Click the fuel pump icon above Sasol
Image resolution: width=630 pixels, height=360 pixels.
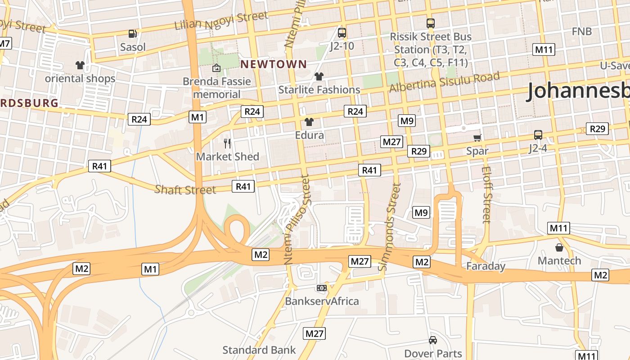(x=132, y=33)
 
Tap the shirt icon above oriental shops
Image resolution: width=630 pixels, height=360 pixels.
(x=81, y=65)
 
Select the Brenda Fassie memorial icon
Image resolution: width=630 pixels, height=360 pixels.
(x=216, y=68)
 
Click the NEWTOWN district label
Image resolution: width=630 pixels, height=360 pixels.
(x=273, y=64)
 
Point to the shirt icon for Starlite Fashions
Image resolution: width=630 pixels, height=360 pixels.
(x=319, y=76)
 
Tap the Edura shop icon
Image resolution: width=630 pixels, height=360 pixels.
(x=309, y=121)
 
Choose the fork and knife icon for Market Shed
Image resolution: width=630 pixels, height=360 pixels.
(x=227, y=144)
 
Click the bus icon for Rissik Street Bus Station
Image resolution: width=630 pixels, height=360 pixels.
(x=431, y=23)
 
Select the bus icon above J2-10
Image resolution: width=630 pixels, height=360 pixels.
(x=342, y=32)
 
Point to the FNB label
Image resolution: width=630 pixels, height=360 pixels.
(x=582, y=31)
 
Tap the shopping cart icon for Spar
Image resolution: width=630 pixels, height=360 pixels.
(x=477, y=138)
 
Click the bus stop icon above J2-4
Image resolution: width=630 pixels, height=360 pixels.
(x=538, y=135)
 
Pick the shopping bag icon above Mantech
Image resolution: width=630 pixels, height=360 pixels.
(x=559, y=247)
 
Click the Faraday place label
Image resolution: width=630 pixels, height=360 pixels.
(x=486, y=266)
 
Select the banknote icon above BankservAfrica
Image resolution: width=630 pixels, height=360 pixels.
(x=322, y=288)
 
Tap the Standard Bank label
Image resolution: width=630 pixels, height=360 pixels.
(x=259, y=350)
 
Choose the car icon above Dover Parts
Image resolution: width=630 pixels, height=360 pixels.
(x=433, y=340)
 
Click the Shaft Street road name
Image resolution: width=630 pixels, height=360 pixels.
(x=185, y=189)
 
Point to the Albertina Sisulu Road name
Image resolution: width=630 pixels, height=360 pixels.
(x=445, y=81)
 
